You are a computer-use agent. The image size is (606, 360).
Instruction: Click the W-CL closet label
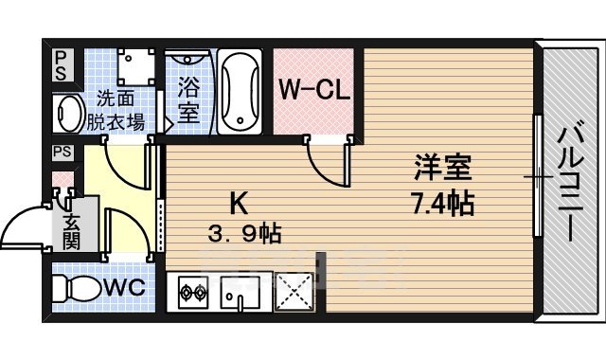click(x=315, y=91)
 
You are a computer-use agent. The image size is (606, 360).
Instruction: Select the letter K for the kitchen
click(x=241, y=202)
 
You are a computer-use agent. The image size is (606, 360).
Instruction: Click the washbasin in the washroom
click(x=69, y=113)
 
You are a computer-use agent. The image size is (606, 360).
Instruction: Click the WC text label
click(x=124, y=287)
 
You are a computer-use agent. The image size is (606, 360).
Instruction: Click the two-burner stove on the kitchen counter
click(x=191, y=291)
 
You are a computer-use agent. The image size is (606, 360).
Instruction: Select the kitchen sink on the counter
click(x=241, y=293)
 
